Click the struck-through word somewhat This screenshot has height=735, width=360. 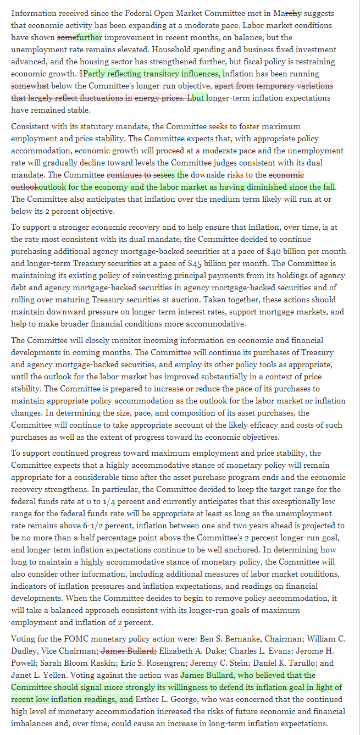click(31, 86)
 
